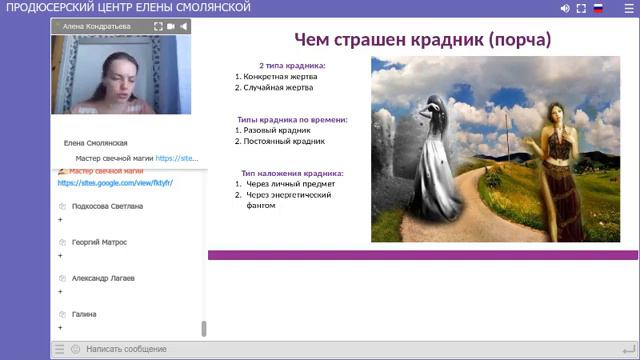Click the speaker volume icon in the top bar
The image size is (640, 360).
click(565, 8)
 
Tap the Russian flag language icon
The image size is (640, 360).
click(598, 8)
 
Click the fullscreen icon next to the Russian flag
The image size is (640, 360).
click(582, 8)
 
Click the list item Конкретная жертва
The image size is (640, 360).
click(275, 76)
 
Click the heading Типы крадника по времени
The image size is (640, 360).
click(291, 119)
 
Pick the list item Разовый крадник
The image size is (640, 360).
click(275, 130)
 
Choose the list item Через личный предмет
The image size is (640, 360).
click(289, 184)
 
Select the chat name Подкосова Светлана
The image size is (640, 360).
click(106, 206)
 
